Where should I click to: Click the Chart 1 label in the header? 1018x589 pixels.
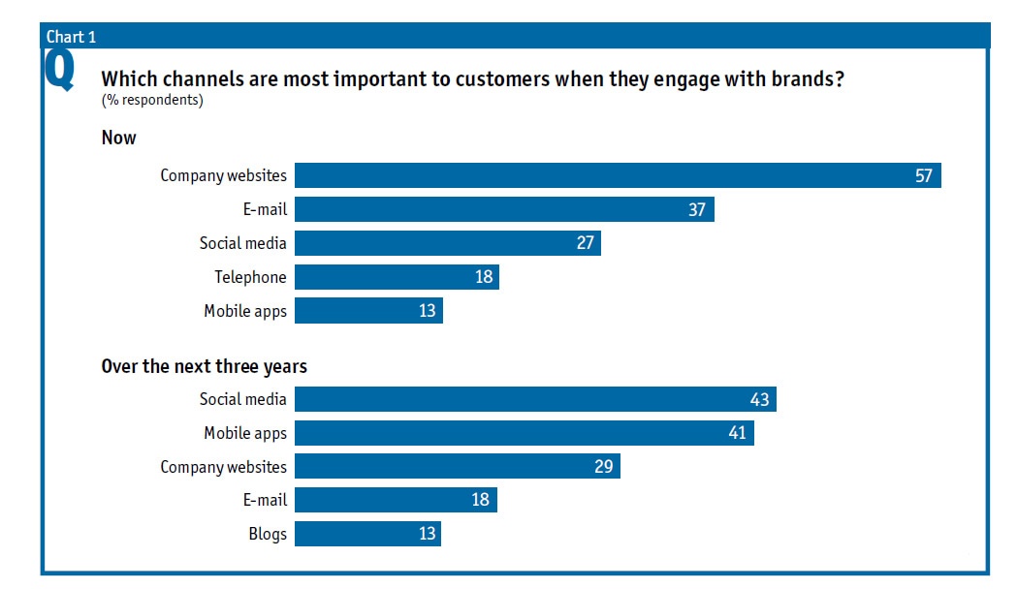[71, 38]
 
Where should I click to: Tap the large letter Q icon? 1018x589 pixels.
[59, 73]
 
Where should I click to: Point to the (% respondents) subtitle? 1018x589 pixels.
[152, 100]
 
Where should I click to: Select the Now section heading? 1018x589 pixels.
[118, 138]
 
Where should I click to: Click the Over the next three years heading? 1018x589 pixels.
[204, 367]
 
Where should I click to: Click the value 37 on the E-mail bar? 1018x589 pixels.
[697, 209]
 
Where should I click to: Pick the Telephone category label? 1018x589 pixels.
[250, 277]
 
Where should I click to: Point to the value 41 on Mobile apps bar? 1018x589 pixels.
[737, 433]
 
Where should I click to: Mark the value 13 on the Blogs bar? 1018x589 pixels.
[427, 534]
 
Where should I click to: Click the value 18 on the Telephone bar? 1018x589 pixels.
[484, 277]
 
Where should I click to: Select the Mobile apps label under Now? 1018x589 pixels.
[245, 311]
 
